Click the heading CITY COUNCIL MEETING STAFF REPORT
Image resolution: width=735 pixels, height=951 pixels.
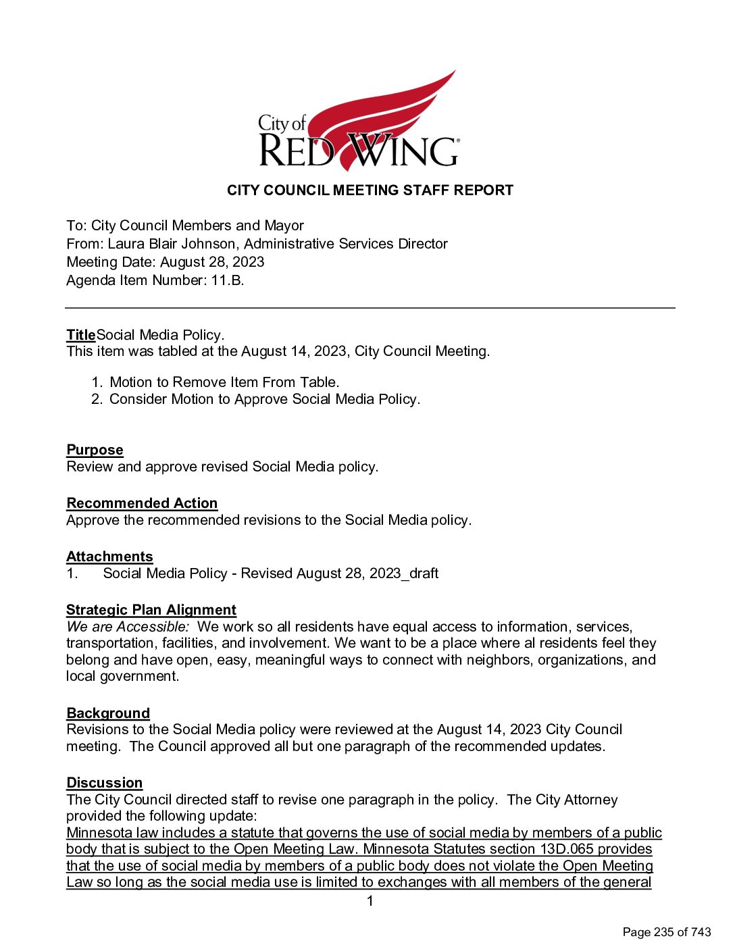point(370,190)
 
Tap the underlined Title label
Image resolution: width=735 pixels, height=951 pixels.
point(80,335)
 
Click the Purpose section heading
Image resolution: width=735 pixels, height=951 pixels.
point(95,450)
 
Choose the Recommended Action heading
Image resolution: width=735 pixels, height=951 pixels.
point(142,503)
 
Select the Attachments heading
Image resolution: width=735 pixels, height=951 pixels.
point(109,557)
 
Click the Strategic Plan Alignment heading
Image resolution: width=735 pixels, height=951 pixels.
point(151,610)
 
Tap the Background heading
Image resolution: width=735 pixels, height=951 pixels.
point(107,713)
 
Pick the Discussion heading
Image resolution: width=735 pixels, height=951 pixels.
point(104,783)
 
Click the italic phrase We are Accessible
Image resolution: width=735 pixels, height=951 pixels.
point(127,627)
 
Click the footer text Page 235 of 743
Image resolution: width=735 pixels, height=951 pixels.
point(666,932)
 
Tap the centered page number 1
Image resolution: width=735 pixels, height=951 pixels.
point(370,901)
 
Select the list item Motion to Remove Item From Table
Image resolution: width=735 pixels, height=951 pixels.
point(224,382)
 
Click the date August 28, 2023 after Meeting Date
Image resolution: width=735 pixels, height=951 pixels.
point(212,262)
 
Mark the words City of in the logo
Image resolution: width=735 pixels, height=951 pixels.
point(282,123)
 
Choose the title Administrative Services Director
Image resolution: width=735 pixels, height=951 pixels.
point(346,244)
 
